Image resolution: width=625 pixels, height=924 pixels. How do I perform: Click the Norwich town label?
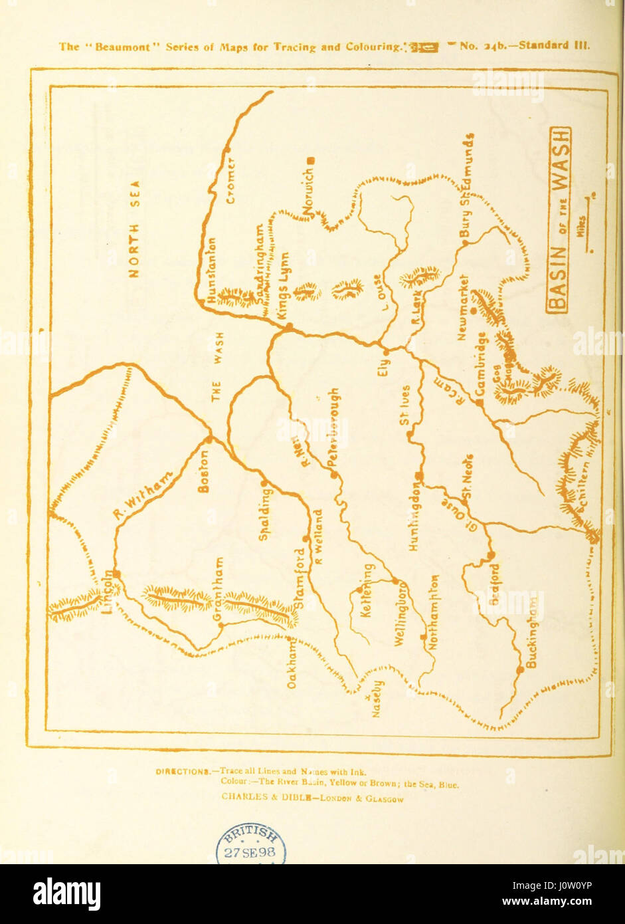[x=307, y=193]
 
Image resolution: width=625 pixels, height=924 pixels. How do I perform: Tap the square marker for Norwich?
[x=310, y=160]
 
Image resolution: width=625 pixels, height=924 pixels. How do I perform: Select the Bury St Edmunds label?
[x=468, y=185]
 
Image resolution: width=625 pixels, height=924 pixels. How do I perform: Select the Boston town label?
[x=204, y=471]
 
